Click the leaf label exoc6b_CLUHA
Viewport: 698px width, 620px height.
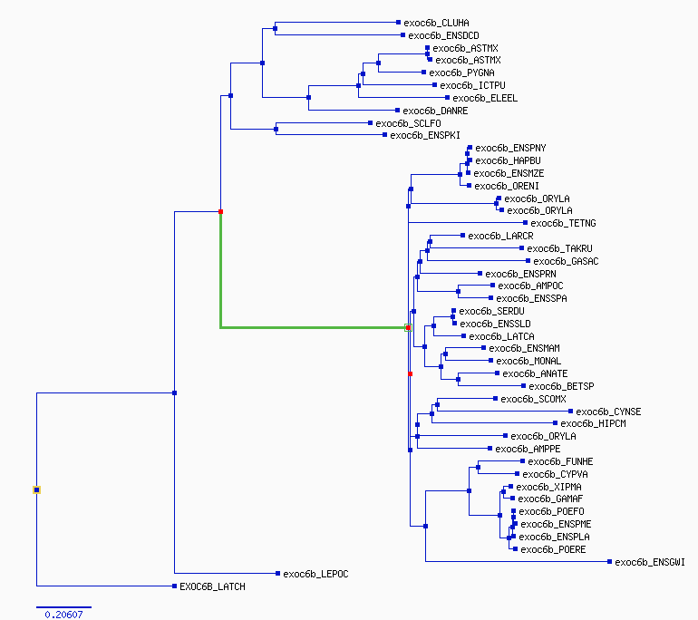[x=436, y=23]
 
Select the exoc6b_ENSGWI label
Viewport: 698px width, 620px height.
[x=649, y=562]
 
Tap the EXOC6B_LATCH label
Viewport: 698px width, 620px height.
[x=212, y=586]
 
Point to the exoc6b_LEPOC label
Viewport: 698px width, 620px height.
[x=315, y=574]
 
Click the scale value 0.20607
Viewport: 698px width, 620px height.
[x=63, y=615]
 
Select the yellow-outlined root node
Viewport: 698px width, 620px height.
[x=36, y=490]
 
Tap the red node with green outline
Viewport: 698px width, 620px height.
[x=408, y=327]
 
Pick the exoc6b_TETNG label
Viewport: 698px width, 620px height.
[x=563, y=223]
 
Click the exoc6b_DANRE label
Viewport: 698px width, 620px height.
[x=435, y=111]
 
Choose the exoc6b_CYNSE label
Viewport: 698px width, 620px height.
[x=608, y=412]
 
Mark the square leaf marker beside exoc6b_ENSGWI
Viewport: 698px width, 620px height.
[x=609, y=562]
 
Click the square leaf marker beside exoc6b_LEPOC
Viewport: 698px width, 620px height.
[x=277, y=573]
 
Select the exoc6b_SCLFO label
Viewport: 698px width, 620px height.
[x=408, y=123]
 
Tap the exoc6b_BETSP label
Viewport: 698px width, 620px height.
[x=561, y=386]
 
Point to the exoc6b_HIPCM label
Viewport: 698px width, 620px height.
[x=593, y=423]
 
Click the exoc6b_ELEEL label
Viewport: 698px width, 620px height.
[x=485, y=98]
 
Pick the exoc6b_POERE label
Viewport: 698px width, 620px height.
[x=553, y=549]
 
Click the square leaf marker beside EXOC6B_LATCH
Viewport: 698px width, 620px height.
[x=174, y=586]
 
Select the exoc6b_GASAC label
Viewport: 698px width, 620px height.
[x=566, y=261]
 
